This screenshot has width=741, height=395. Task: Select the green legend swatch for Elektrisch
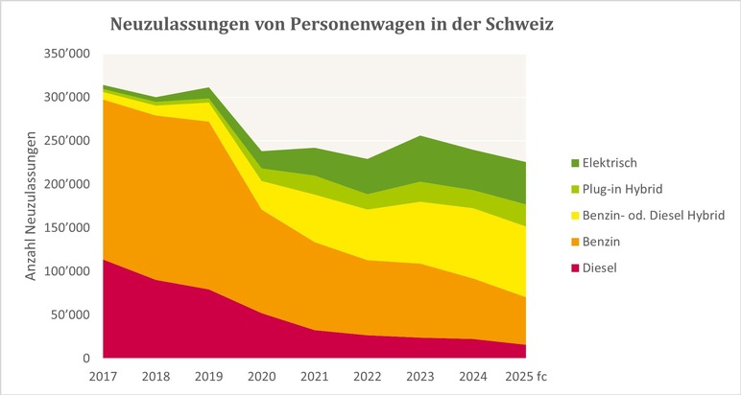[x=574, y=163]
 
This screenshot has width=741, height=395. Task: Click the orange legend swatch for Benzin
[x=574, y=242]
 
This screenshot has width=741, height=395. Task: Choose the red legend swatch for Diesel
[x=574, y=268]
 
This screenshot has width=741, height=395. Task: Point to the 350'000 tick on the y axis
[x=67, y=54]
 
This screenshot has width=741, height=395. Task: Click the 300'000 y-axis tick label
[x=67, y=97]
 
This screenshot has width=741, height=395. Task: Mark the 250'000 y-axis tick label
[x=67, y=141]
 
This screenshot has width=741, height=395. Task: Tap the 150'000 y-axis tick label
[x=67, y=227]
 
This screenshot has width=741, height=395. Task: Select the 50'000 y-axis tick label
[x=70, y=314]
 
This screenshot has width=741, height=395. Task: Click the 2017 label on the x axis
[x=102, y=375]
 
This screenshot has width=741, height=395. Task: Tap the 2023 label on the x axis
[x=418, y=375]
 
